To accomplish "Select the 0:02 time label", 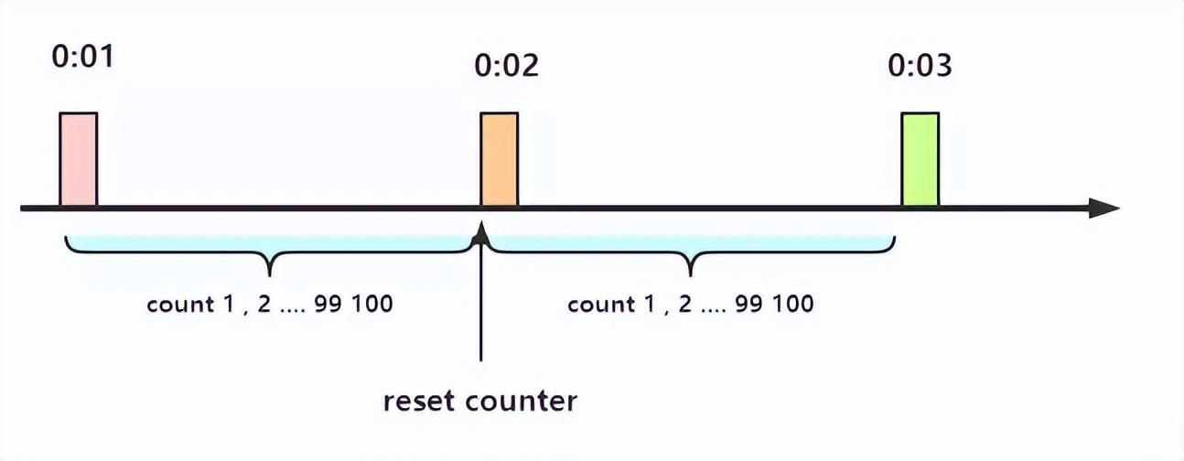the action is click(506, 66).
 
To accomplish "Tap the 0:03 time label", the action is click(920, 66).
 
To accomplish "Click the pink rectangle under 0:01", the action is click(78, 159).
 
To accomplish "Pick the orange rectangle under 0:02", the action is click(500, 159).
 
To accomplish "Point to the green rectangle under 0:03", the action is click(920, 159).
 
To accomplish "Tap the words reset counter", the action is click(480, 401).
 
